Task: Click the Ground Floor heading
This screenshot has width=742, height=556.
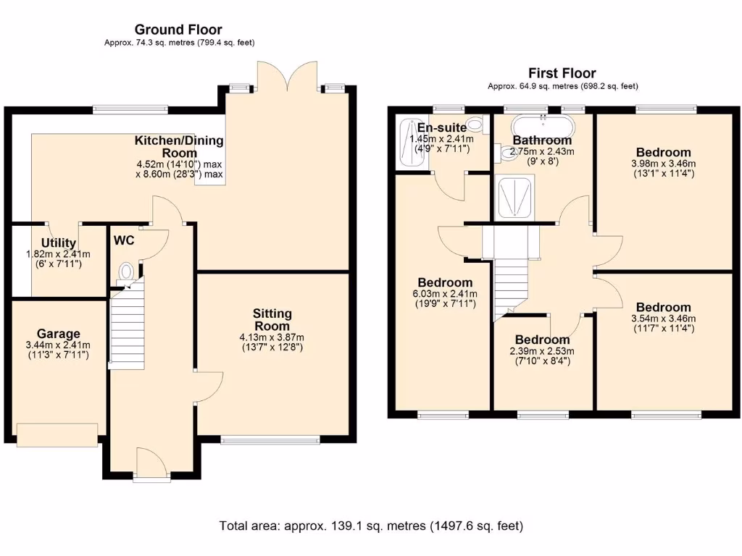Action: click(x=178, y=30)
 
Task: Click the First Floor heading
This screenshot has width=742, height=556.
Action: click(x=562, y=73)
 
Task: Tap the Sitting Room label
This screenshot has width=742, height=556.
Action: click(x=272, y=319)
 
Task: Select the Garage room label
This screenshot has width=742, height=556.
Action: click(x=58, y=334)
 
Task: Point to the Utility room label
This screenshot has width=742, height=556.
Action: click(x=59, y=243)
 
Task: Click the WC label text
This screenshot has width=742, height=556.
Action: click(x=124, y=240)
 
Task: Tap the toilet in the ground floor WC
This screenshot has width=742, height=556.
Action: click(x=126, y=273)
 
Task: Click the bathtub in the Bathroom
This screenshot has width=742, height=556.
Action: click(x=543, y=127)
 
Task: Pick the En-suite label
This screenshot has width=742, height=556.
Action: click(x=441, y=127)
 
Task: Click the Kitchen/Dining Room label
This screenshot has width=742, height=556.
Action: click(x=179, y=146)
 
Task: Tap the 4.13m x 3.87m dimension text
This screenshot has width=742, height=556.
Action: click(x=272, y=337)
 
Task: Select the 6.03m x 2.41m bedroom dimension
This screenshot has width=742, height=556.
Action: click(x=445, y=294)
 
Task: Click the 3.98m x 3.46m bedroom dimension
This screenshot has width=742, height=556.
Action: click(x=664, y=164)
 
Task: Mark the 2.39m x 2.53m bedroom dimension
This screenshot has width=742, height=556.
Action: click(x=542, y=351)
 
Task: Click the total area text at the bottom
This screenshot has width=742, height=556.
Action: click(x=371, y=526)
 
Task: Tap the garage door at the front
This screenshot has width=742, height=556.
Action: click(x=57, y=435)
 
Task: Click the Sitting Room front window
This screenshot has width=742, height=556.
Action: click(x=270, y=440)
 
